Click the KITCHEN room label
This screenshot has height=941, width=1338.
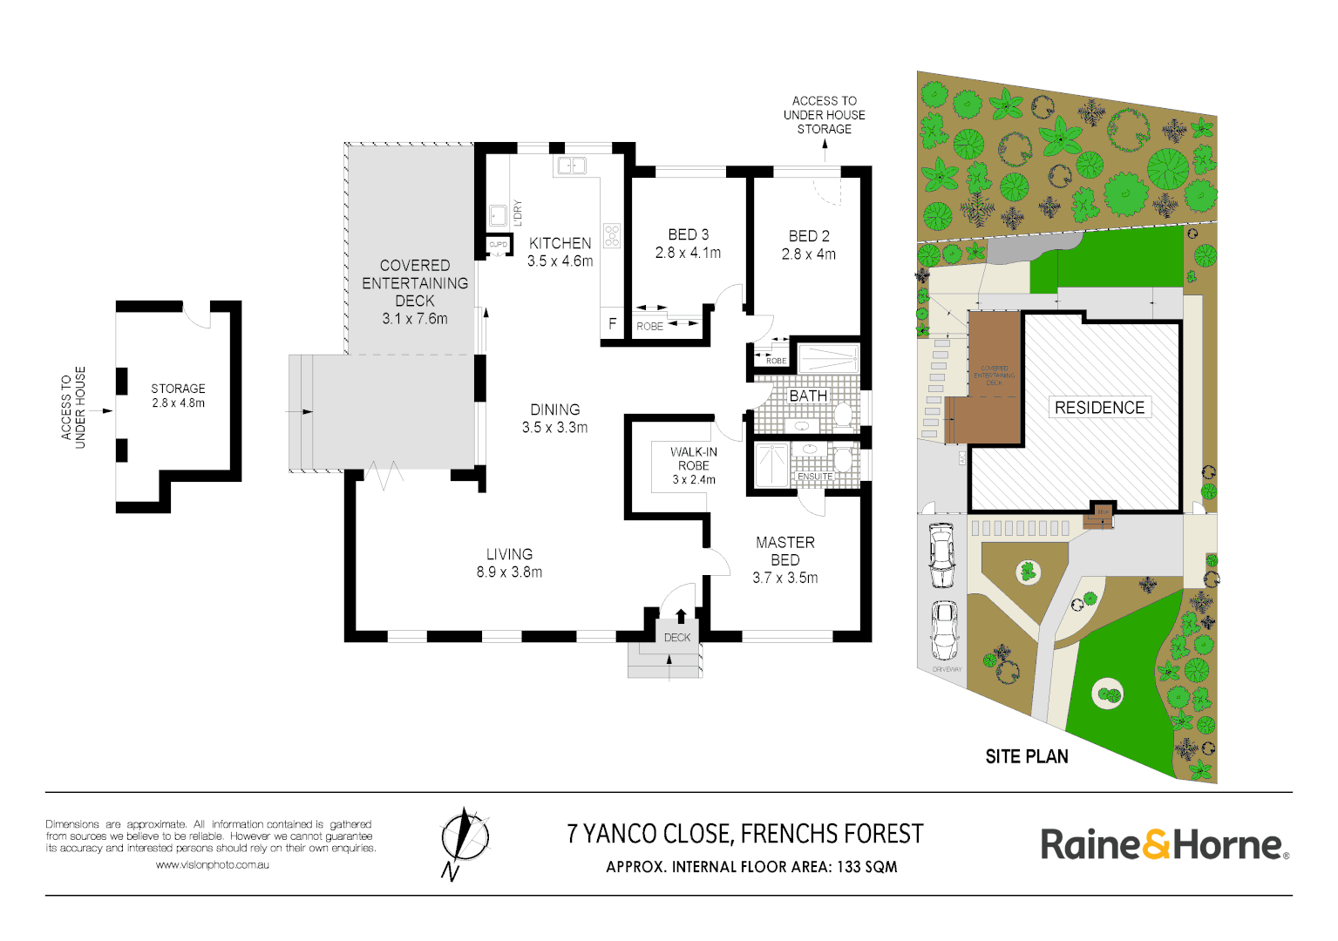pyautogui.click(x=560, y=243)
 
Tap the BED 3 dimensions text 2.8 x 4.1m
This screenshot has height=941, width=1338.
pyautogui.click(x=688, y=253)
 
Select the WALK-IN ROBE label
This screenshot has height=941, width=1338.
pyautogui.click(x=694, y=458)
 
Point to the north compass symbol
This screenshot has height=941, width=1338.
pyautogui.click(x=465, y=838)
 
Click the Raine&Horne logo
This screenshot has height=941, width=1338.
pyautogui.click(x=1164, y=844)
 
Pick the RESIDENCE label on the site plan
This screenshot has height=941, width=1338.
pyautogui.click(x=1099, y=408)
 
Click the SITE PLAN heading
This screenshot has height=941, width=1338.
pyautogui.click(x=1026, y=756)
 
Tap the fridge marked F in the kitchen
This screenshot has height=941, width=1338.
pyautogui.click(x=612, y=323)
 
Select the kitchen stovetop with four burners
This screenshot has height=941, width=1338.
pyautogui.click(x=612, y=235)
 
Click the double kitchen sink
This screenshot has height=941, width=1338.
pyautogui.click(x=572, y=165)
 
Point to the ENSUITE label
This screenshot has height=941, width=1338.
pyautogui.click(x=815, y=477)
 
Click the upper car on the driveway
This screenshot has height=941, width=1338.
pyautogui.click(x=941, y=555)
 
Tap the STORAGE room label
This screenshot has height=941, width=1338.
pyautogui.click(x=178, y=389)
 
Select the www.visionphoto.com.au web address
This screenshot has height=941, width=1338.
pyautogui.click(x=212, y=865)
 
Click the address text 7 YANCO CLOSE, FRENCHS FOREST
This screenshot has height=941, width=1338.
pyautogui.click(x=744, y=834)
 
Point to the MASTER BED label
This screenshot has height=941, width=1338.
pyautogui.click(x=784, y=551)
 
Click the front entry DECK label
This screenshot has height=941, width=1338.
pyautogui.click(x=676, y=638)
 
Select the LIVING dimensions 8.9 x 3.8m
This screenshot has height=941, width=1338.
pyautogui.click(x=509, y=572)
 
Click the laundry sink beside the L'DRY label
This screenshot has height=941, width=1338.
pyautogui.click(x=498, y=214)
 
